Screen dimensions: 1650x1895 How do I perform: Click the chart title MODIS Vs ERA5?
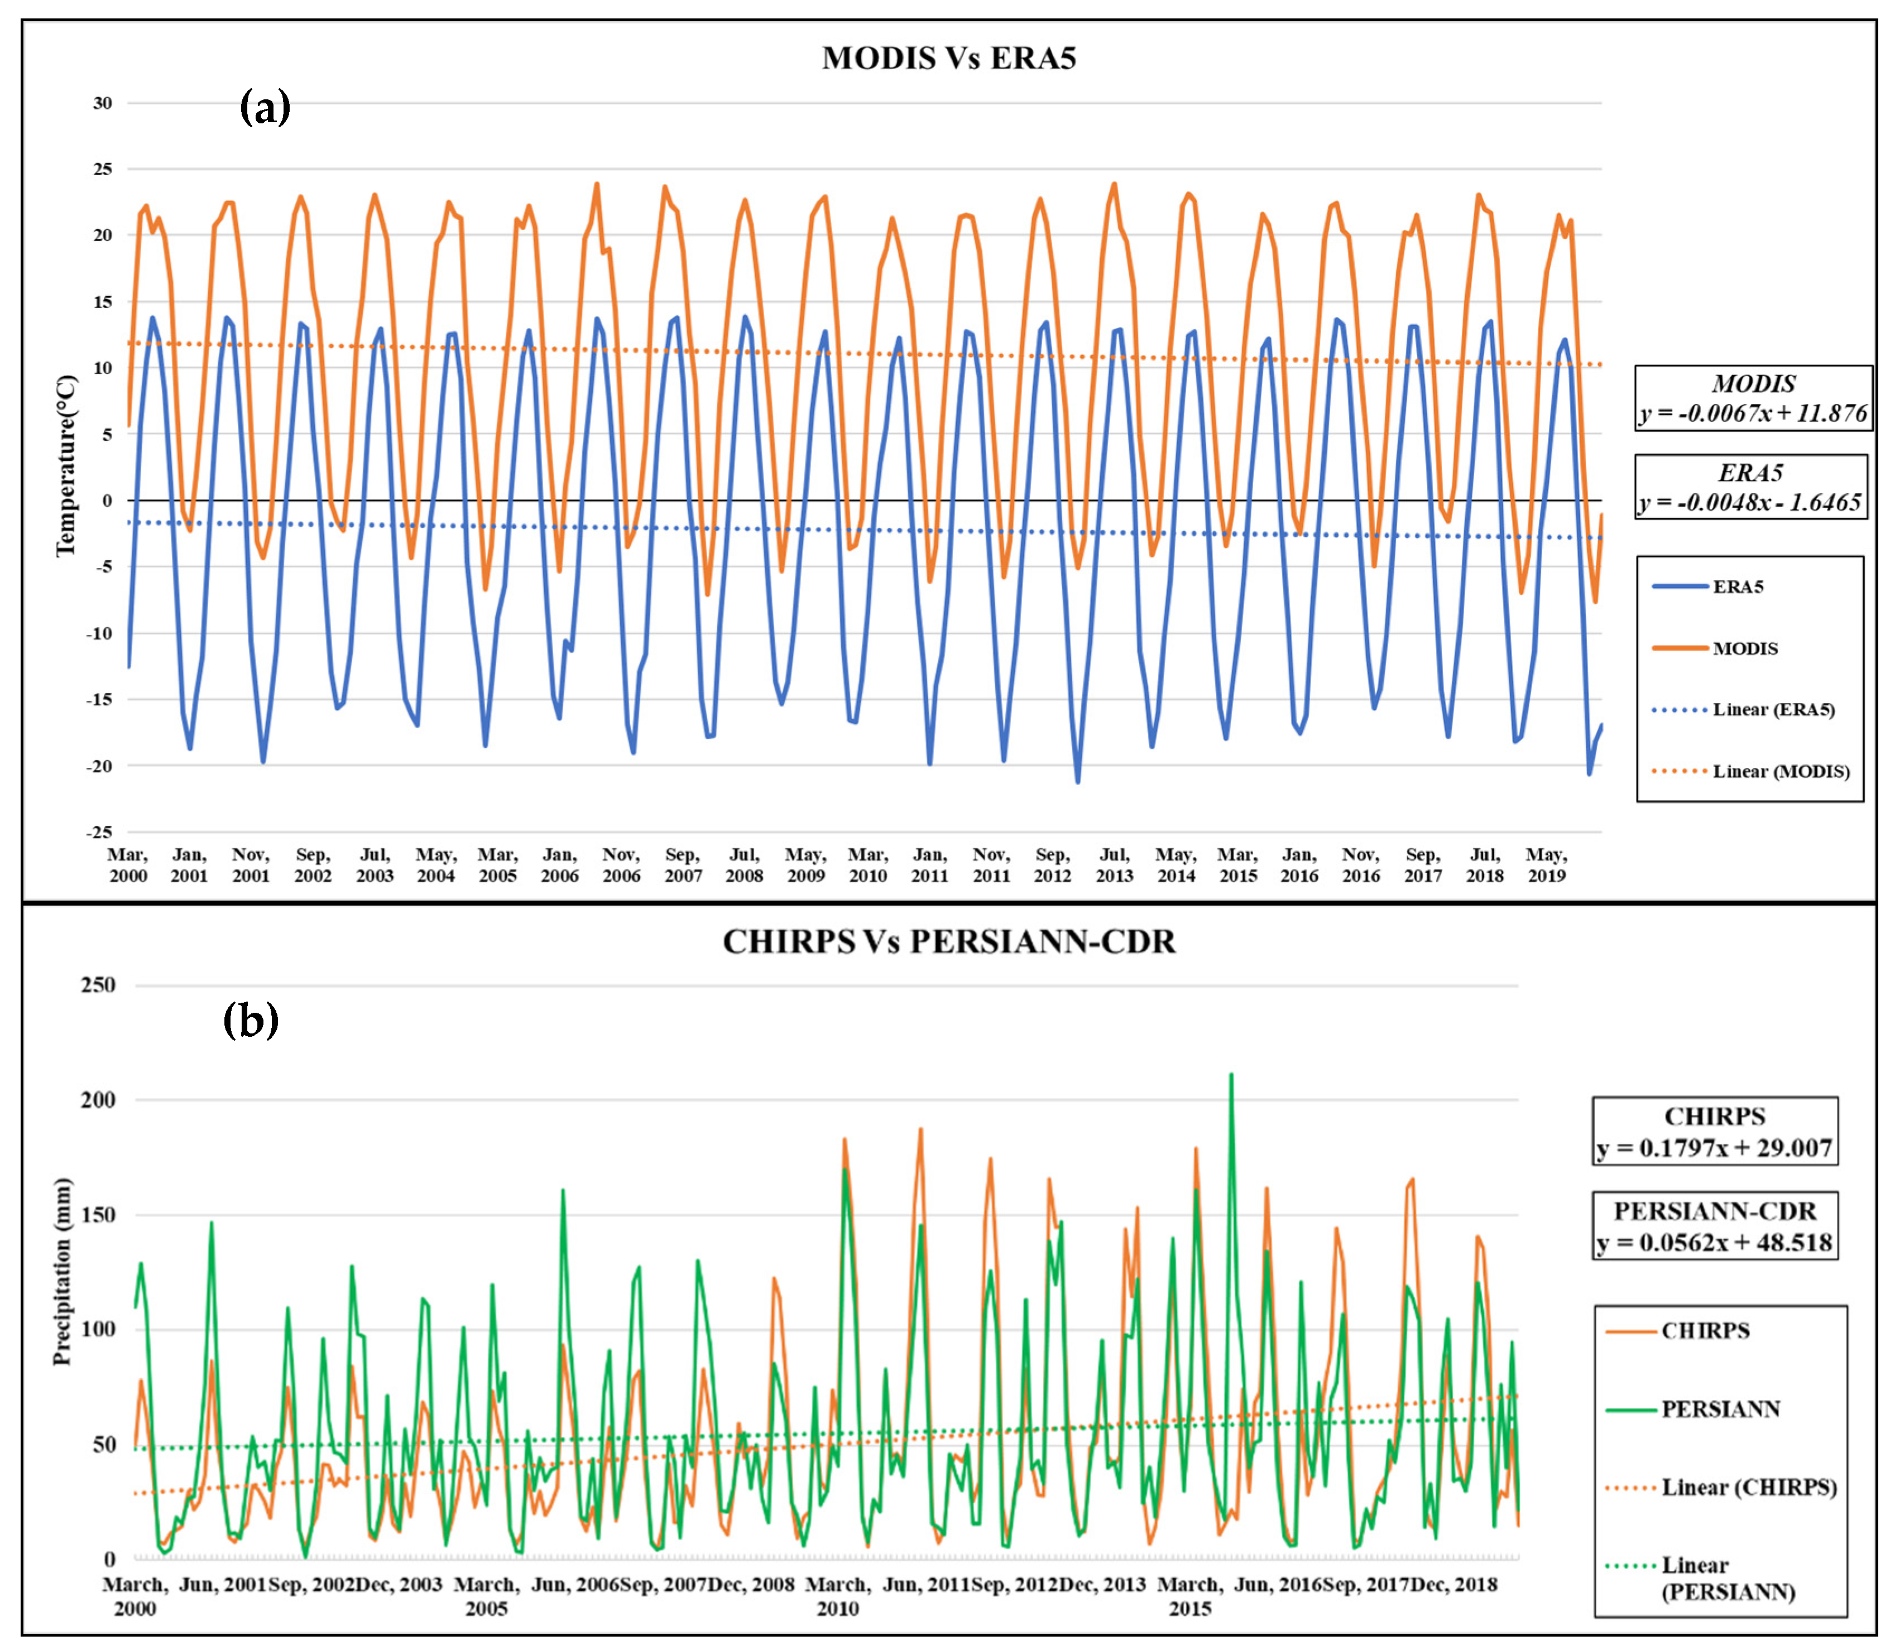(x=948, y=58)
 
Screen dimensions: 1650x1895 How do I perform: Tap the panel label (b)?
(x=251, y=1020)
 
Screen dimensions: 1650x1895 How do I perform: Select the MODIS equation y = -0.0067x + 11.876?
(x=1752, y=412)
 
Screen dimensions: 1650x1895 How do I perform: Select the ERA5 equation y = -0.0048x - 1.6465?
(x=1749, y=502)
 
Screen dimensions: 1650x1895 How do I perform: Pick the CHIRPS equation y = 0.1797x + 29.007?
(x=1715, y=1147)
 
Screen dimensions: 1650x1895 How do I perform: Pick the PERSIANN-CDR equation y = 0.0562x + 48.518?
(x=1715, y=1242)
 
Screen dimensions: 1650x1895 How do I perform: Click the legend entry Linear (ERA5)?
(x=1773, y=710)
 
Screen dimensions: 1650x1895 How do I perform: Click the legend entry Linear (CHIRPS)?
(x=1748, y=1487)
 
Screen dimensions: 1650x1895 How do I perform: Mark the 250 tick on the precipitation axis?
(x=99, y=985)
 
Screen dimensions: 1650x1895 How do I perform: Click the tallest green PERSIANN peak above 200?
(x=1231, y=1075)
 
